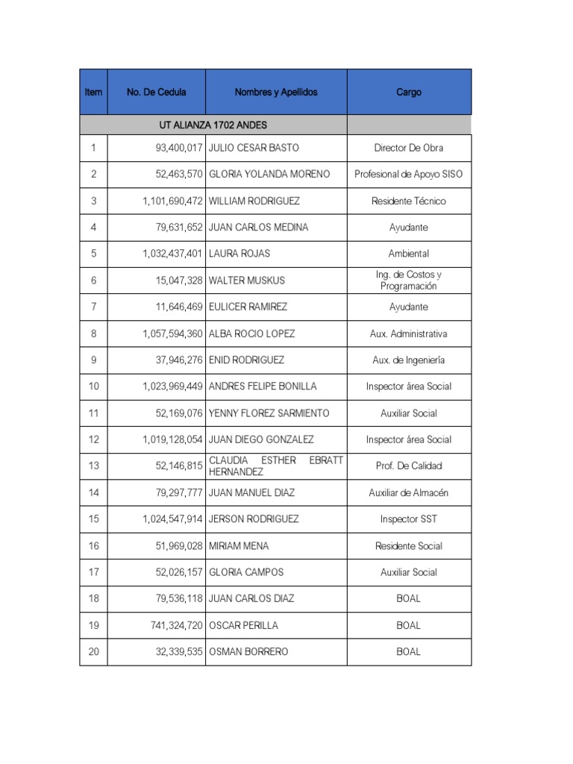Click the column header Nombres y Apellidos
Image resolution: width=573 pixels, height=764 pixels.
pos(276,93)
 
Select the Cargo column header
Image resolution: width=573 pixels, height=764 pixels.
pos(409,93)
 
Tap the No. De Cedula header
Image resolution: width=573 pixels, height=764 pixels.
pos(157,93)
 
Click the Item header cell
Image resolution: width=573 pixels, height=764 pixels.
pos(93,93)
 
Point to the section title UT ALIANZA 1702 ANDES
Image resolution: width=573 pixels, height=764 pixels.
pos(213,125)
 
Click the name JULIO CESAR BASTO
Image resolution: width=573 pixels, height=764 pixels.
pos(254,148)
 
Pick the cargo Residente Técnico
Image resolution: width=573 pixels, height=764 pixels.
pos(409,201)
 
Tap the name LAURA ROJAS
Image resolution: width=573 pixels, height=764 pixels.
pos(239,254)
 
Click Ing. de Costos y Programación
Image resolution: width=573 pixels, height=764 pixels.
pos(409,281)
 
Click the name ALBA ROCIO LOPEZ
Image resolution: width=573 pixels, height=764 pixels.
pos(251,334)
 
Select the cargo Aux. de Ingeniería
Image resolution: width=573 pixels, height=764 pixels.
pos(409,360)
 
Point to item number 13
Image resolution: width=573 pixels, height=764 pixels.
pos(93,466)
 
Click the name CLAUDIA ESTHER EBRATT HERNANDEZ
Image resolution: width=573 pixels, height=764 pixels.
pos(276,466)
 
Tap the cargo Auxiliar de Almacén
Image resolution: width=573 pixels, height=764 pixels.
pos(409,492)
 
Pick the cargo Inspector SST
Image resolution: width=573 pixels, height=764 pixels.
pos(409,519)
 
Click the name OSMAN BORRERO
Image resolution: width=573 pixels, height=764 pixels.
pos(248,651)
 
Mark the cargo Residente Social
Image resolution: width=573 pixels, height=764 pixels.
pos(409,545)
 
